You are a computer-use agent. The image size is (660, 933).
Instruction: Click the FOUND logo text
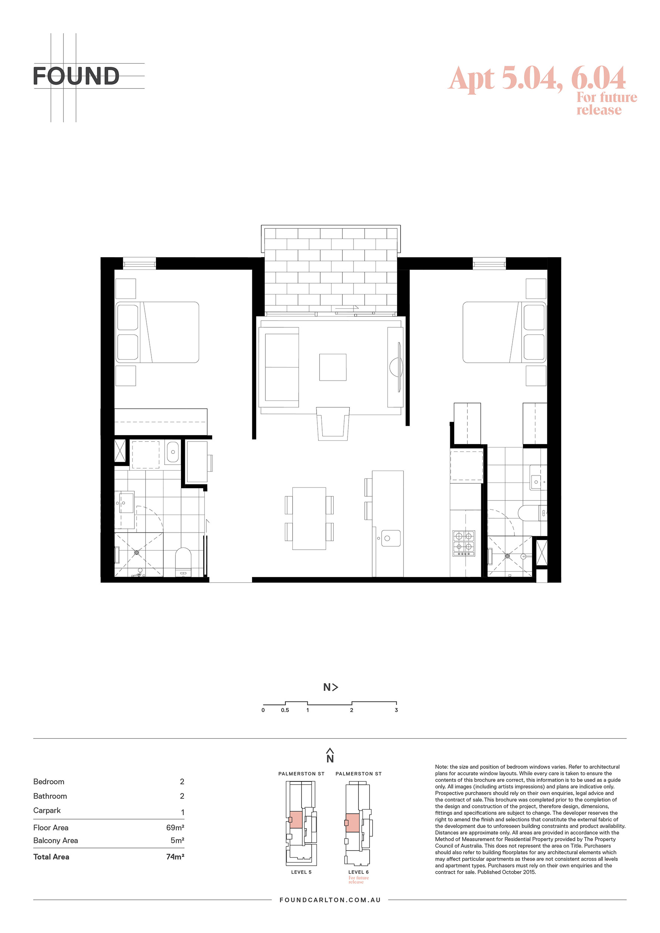pyautogui.click(x=76, y=76)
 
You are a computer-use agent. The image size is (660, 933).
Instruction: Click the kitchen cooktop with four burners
pyautogui.click(x=464, y=543)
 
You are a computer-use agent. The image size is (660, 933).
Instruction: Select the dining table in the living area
pyautogui.click(x=309, y=518)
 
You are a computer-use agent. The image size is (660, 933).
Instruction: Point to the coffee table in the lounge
pyautogui.click(x=333, y=367)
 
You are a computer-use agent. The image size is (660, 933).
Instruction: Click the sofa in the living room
pyautogui.click(x=281, y=367)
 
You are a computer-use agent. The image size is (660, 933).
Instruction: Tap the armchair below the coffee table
pyautogui.click(x=333, y=424)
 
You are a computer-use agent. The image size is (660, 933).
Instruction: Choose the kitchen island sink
pyautogui.click(x=391, y=538)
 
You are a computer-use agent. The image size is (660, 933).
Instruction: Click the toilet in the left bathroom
pyautogui.click(x=183, y=562)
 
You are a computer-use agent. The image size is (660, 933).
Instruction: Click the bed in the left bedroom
pyautogui.click(x=157, y=332)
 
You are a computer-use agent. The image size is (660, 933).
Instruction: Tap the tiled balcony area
pyautogui.click(x=330, y=270)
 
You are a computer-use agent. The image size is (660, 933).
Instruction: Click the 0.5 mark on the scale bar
pyautogui.click(x=285, y=710)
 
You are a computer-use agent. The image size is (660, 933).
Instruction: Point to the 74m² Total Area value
pyautogui.click(x=175, y=856)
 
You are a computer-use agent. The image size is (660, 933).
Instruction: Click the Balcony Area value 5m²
pyautogui.click(x=177, y=840)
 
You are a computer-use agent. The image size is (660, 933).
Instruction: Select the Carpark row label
pyautogui.click(x=47, y=810)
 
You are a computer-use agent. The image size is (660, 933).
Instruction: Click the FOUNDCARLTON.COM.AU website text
pyautogui.click(x=330, y=900)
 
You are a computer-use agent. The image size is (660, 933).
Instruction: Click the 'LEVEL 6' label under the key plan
pyautogui.click(x=358, y=872)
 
